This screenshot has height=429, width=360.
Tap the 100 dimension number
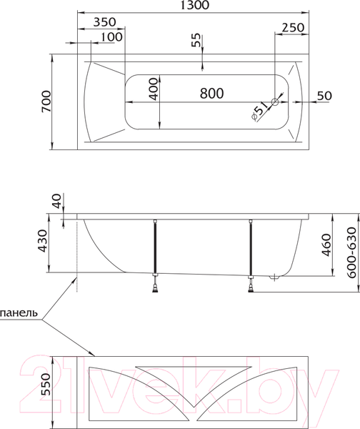[111, 36]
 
